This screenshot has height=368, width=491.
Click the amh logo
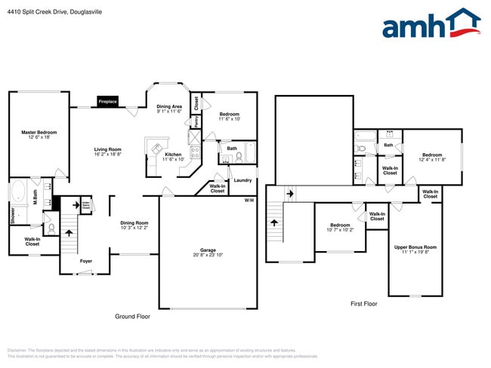431,24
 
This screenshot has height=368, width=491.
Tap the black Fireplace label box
107,101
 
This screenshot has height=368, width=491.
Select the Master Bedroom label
39,134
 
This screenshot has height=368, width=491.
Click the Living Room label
108,152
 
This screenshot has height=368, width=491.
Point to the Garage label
208,252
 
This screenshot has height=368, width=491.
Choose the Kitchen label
173,157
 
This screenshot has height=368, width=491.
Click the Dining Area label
168,109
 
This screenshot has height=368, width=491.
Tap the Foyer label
87,261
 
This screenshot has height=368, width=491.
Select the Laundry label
242,180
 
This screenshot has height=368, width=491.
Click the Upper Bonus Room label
415,250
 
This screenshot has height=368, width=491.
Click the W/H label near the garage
249,200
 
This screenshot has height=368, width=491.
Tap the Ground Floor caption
132,317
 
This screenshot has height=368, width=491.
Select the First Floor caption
363,303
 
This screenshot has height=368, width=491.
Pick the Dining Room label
134,225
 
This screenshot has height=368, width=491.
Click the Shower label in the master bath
12,215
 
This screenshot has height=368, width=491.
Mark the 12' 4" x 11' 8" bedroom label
432,157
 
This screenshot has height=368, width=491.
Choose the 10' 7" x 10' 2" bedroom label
340,227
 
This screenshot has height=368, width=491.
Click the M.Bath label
35,198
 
